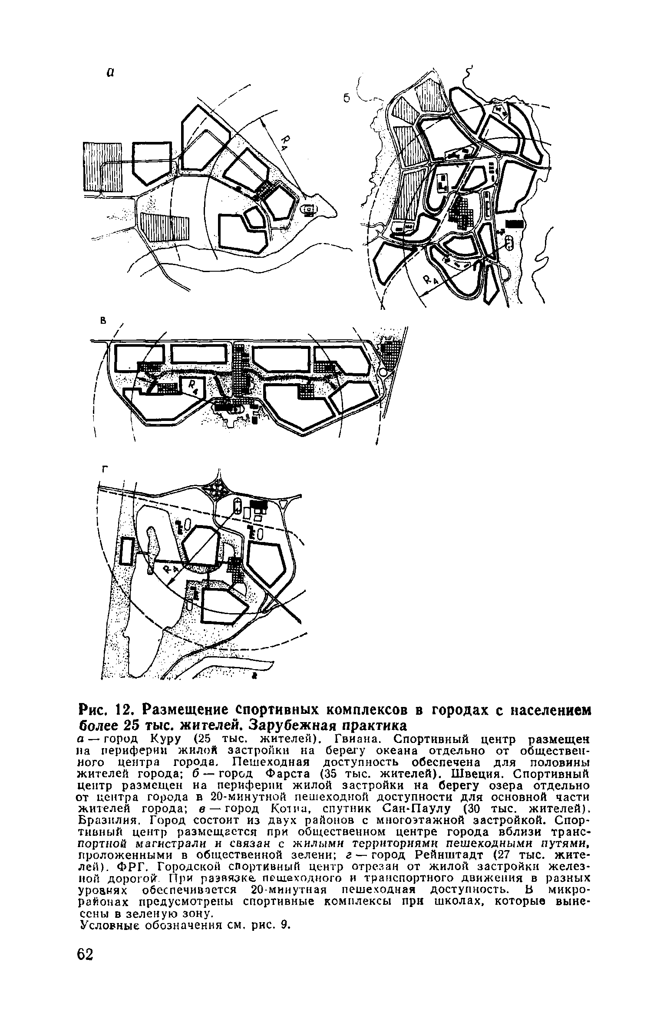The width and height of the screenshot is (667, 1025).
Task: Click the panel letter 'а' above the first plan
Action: pos(110,73)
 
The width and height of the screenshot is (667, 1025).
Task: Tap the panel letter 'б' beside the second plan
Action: pos(346,99)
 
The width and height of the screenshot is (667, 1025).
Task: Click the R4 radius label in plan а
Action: pos(286,141)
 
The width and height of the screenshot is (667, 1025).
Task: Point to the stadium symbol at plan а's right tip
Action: pos(309,210)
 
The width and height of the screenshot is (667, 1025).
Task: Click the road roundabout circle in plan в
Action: pos(383,373)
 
